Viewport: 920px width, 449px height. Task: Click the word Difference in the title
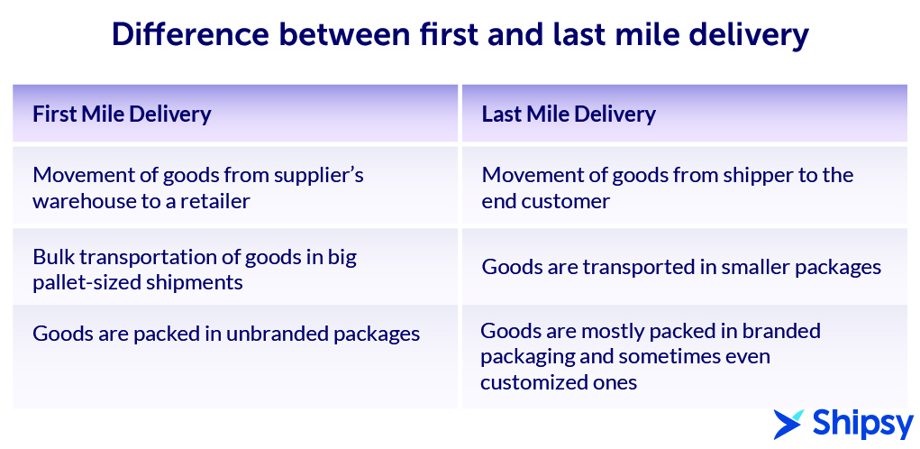pos(191,34)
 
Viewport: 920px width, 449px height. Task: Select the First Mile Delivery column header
pos(122,114)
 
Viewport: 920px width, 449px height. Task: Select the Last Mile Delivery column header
pos(569,114)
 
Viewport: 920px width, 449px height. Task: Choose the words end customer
pos(546,201)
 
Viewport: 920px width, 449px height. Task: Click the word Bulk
pos(51,257)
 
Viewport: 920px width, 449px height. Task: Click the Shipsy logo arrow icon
pos(788,424)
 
